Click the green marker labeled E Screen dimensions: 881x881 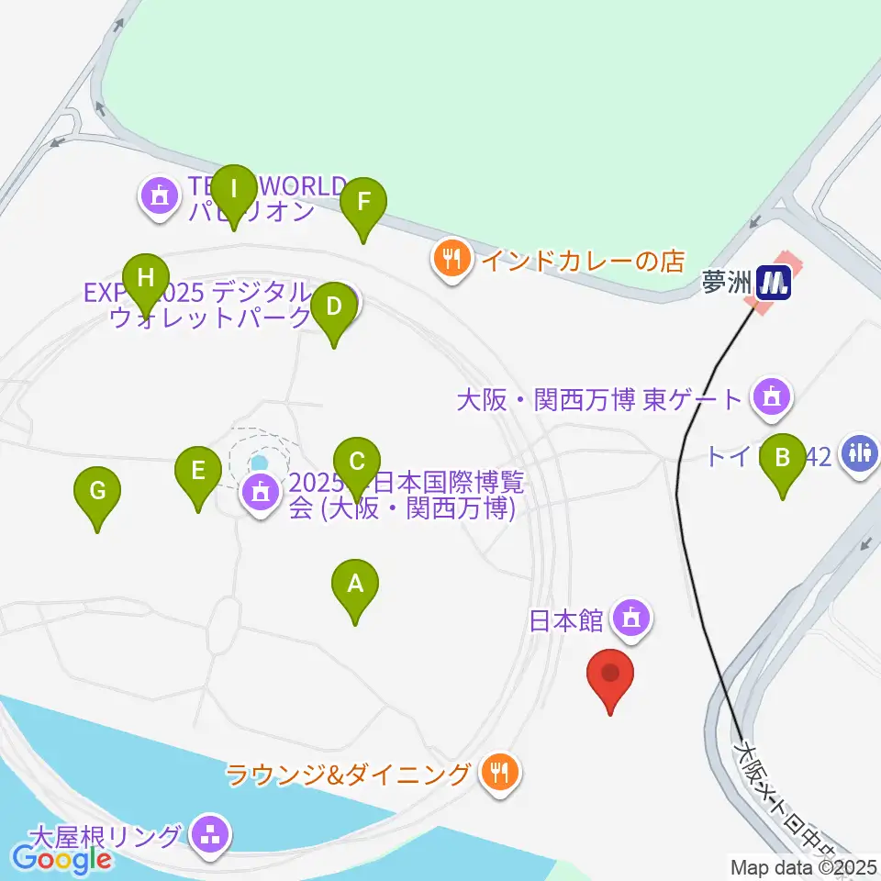tap(197, 474)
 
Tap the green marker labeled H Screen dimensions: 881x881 tap(145, 278)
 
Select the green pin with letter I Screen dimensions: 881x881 tap(234, 192)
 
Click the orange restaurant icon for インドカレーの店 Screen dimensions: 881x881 tap(452, 260)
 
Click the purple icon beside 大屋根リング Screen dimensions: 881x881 tap(212, 835)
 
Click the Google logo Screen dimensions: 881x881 tap(61, 860)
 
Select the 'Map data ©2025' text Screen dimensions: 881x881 tap(804, 866)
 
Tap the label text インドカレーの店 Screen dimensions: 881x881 tap(584, 261)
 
